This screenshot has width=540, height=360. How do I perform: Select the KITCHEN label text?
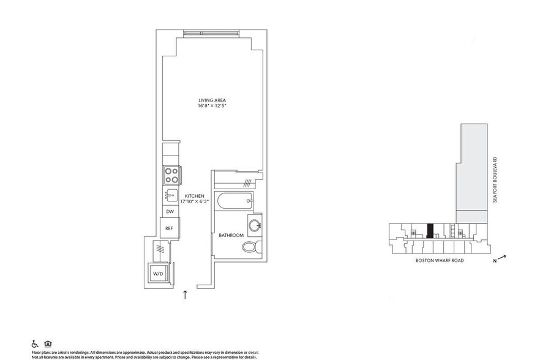195,195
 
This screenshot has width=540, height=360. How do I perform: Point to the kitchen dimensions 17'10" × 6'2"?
195,201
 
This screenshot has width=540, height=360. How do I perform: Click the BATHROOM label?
231,235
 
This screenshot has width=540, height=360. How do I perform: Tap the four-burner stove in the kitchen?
171,176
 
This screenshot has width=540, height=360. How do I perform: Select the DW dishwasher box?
170,212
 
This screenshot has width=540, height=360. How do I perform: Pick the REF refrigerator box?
169,228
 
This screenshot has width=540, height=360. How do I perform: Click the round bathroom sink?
255,223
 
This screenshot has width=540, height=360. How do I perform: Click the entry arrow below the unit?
186,294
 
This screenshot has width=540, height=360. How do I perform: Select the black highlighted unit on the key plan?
430,230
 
